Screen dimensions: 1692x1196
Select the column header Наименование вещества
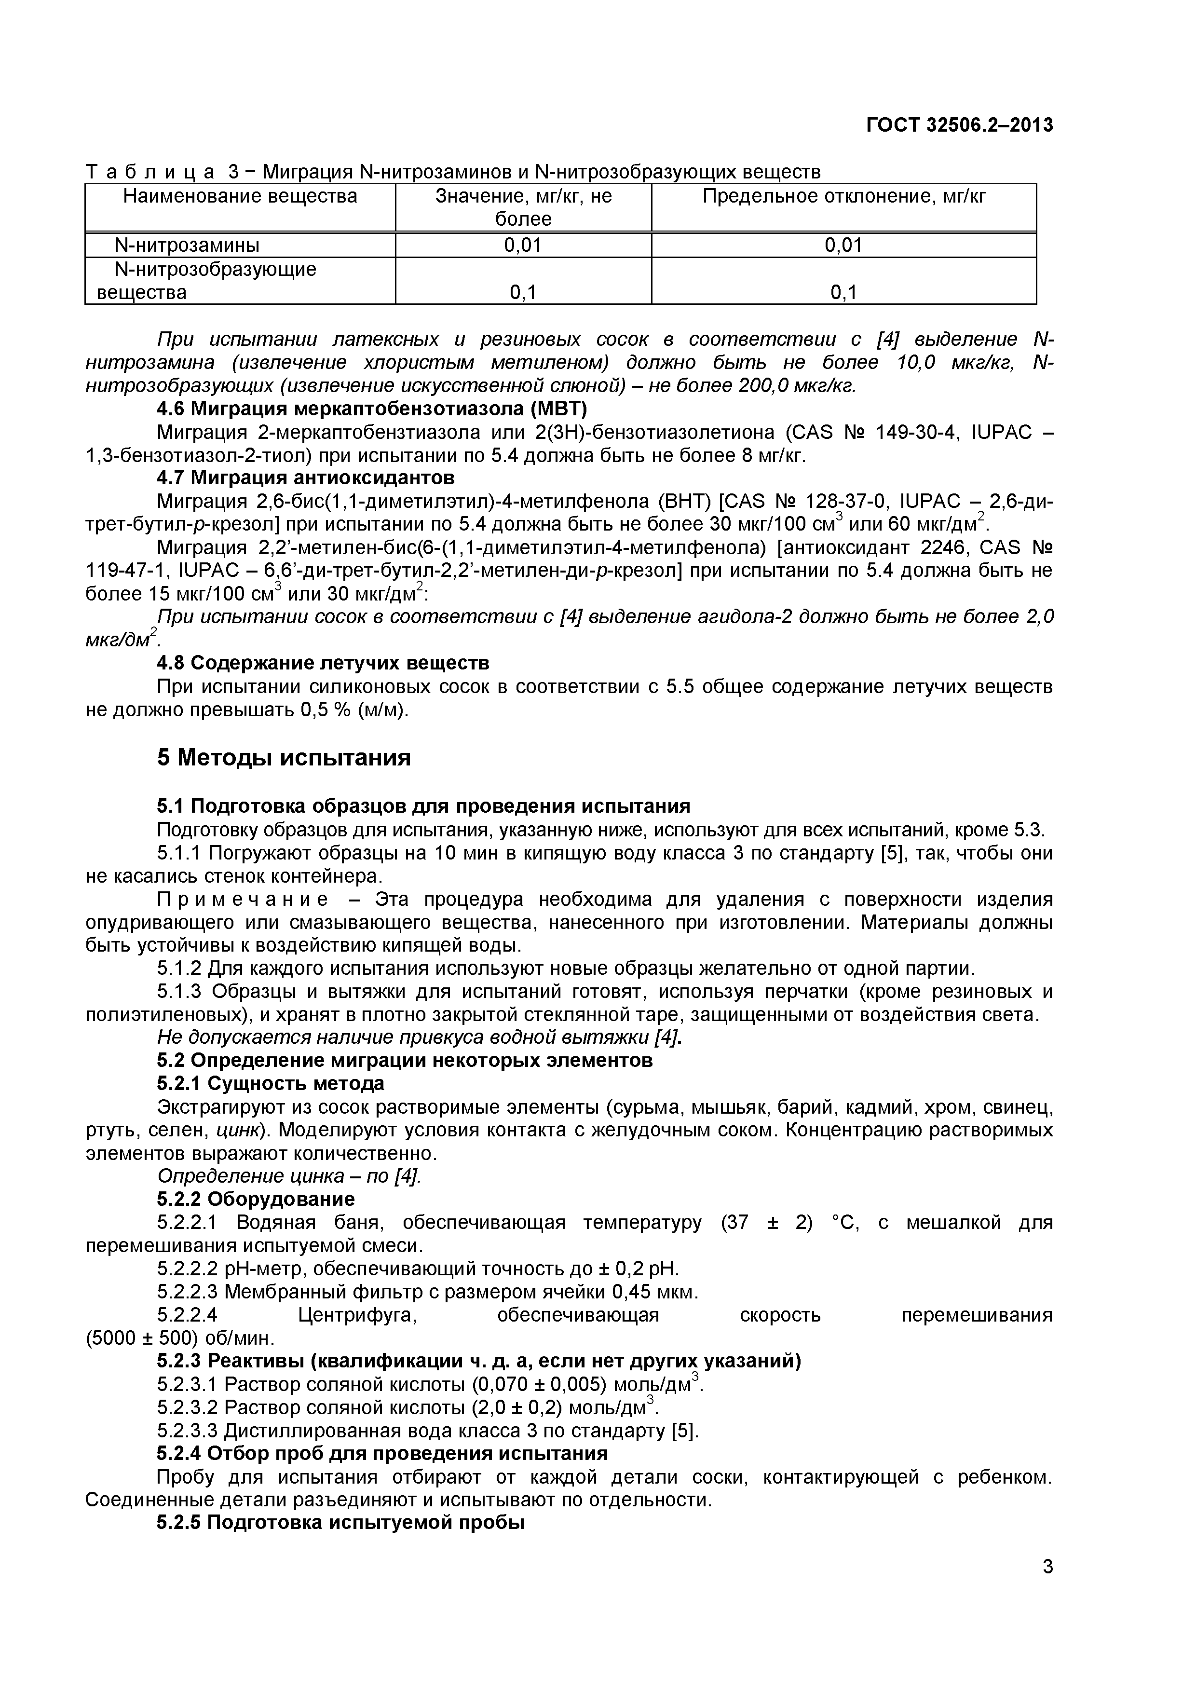(240, 196)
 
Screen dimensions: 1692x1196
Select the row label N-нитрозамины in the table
(187, 245)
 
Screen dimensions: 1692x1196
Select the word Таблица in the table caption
(150, 173)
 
